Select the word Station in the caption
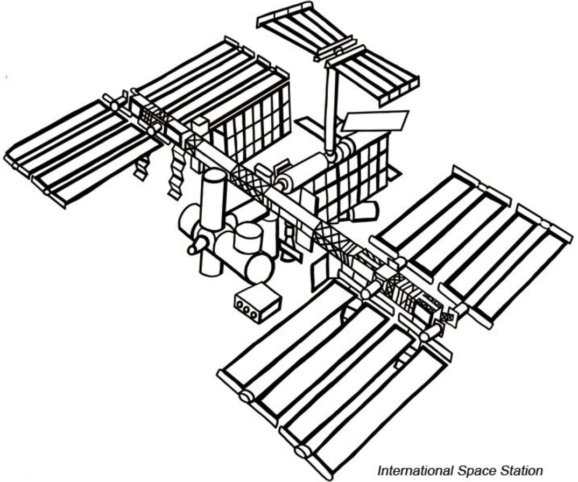click(514, 471)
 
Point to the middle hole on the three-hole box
click(246, 307)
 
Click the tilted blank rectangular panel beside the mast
click(376, 122)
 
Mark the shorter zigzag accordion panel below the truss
click(141, 167)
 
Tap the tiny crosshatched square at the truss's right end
click(447, 318)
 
